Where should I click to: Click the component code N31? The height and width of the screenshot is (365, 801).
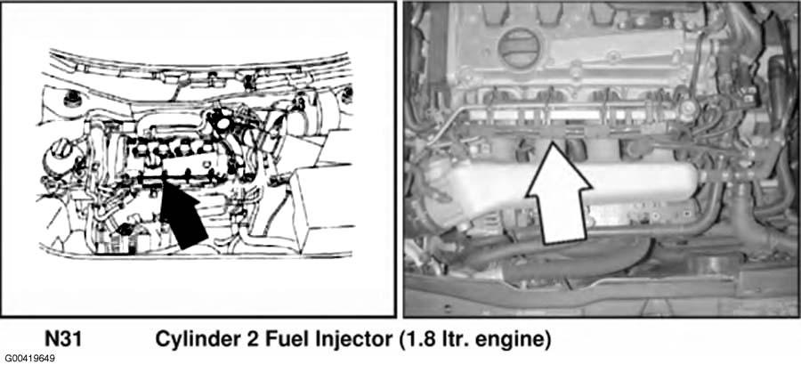tap(63, 339)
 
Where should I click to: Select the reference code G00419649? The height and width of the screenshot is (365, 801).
tap(30, 359)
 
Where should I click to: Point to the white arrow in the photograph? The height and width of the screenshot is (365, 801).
tap(559, 193)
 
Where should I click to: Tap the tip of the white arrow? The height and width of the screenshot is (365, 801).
tap(551, 143)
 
